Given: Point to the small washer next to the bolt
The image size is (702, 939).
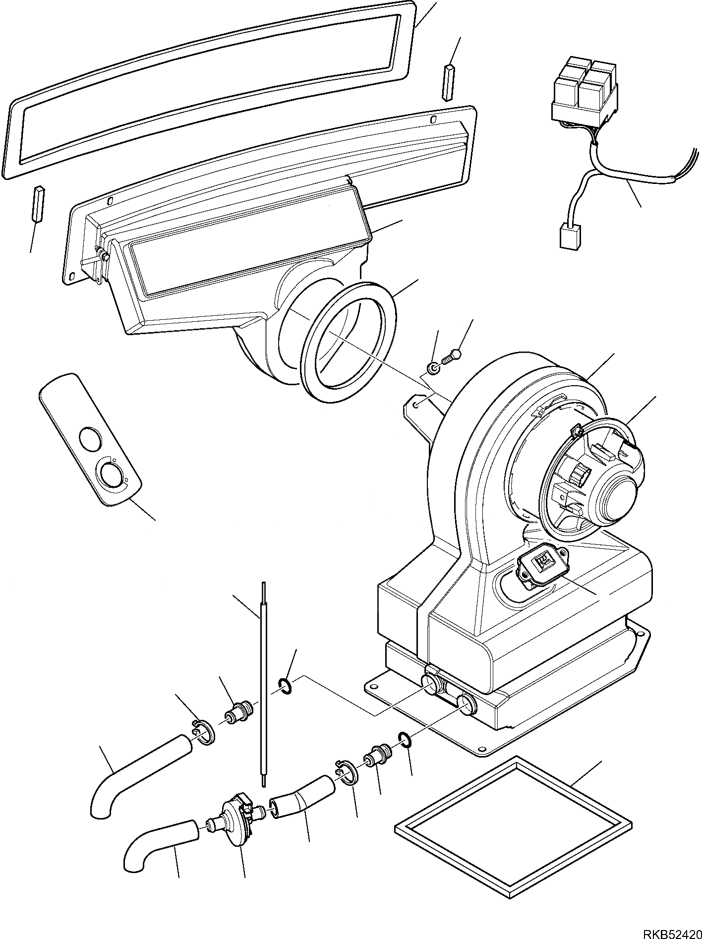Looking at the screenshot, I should point(433,368).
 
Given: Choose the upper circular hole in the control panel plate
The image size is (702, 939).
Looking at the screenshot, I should point(90,439).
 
